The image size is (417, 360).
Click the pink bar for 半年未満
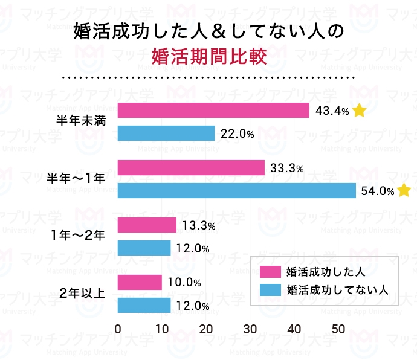(213, 111)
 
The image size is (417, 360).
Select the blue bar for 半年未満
(166, 133)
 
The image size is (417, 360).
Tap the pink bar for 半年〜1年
(191, 168)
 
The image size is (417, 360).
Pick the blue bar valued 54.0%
(237, 190)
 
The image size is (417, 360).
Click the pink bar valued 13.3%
(147, 225)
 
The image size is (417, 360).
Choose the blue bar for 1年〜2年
(144, 248)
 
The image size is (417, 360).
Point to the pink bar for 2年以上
(140, 282)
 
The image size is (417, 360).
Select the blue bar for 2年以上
(144, 305)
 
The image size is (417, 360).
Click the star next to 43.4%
(360, 111)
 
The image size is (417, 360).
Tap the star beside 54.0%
(404, 191)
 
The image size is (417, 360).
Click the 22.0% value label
(237, 133)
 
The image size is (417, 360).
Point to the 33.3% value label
(286, 169)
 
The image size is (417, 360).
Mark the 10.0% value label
(184, 283)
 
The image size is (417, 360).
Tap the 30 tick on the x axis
(250, 329)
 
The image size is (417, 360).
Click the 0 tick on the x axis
(118, 329)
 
